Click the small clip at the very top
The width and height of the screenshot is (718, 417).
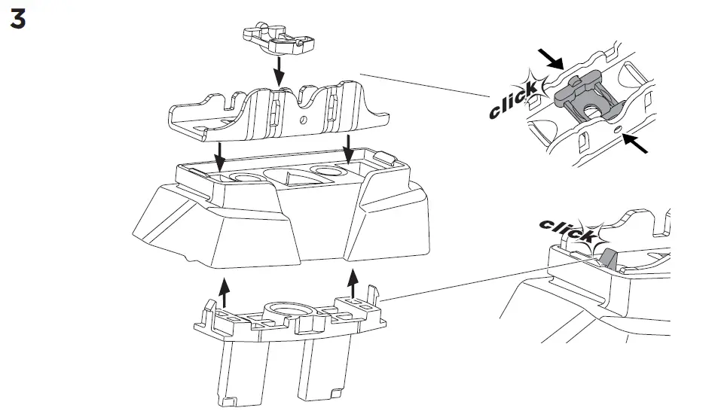click(277, 42)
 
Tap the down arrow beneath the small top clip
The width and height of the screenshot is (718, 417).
click(278, 73)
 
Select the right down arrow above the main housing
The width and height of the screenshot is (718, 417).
click(348, 151)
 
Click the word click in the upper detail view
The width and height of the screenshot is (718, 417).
click(514, 101)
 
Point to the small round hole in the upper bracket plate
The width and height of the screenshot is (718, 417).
click(304, 119)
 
